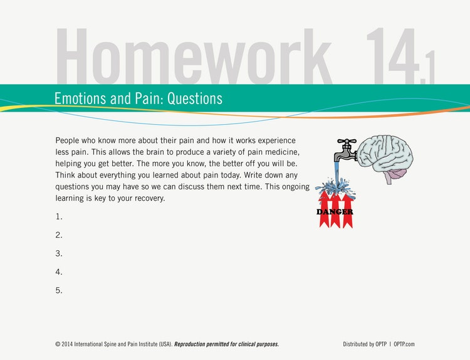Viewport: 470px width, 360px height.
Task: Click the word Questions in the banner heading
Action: tap(194, 98)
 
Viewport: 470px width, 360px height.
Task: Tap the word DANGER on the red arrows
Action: tap(335, 212)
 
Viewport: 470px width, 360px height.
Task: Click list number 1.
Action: tap(59, 216)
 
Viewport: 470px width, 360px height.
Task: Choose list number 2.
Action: tap(59, 235)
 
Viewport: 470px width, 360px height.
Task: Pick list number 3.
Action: tap(59, 253)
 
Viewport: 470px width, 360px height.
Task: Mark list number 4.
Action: tap(59, 272)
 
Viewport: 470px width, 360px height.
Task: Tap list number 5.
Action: tap(59, 290)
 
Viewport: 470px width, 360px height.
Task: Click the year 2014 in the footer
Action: tap(70, 344)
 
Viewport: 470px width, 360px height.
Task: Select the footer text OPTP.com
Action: tap(405, 344)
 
